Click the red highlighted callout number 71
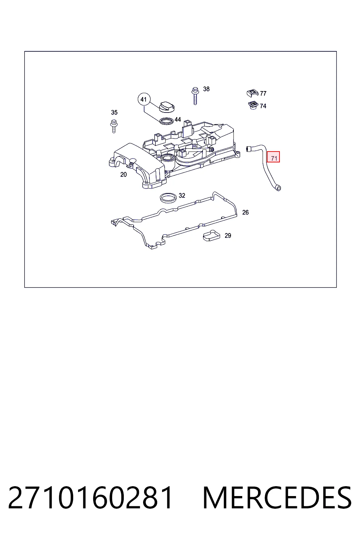[x=273, y=157]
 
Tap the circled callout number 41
[x=144, y=99]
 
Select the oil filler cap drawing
[x=167, y=107]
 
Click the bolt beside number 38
[x=195, y=96]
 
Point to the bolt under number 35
[x=114, y=126]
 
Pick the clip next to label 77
[x=252, y=93]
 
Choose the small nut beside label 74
[x=253, y=105]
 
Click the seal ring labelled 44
[x=167, y=121]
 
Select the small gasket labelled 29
[x=212, y=236]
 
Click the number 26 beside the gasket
[x=245, y=212]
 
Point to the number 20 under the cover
[x=123, y=174]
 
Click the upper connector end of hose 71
[x=248, y=149]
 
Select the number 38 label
[x=206, y=89]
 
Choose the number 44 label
[x=178, y=120]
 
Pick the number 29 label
[x=228, y=236]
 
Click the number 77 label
[x=263, y=93]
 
